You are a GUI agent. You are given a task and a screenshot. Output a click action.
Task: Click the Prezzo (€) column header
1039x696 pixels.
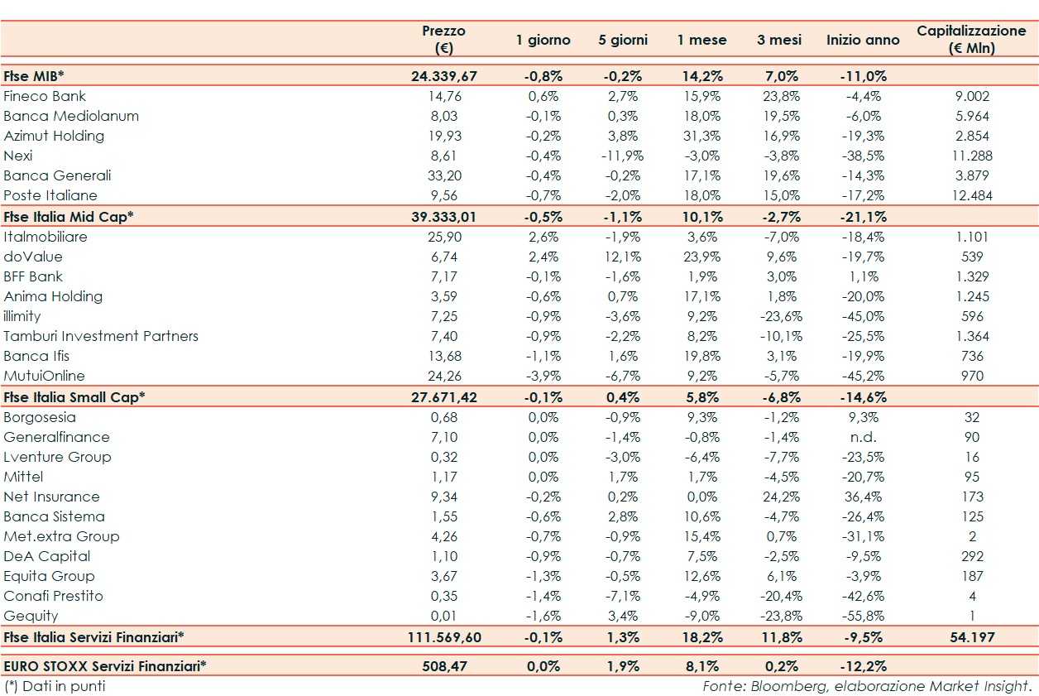click(x=443, y=39)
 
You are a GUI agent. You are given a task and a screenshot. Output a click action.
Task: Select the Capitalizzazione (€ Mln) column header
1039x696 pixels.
click(x=971, y=39)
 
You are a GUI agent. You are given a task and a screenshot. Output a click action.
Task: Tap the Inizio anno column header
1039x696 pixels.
click(x=863, y=40)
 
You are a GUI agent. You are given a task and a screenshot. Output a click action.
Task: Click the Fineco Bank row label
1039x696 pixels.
click(x=45, y=96)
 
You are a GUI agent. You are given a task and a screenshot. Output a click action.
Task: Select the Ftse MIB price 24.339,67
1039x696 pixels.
click(x=443, y=76)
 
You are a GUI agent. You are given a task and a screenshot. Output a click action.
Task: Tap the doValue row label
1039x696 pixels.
click(x=33, y=257)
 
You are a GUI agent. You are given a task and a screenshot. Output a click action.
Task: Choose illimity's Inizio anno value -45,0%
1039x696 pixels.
click(x=863, y=316)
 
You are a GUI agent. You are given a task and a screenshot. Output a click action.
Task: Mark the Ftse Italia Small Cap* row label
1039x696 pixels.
click(x=74, y=396)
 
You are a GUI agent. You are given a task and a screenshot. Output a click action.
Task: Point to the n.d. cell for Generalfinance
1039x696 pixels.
click(x=863, y=437)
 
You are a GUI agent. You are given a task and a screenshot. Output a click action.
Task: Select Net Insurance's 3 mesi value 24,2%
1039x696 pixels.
click(x=778, y=497)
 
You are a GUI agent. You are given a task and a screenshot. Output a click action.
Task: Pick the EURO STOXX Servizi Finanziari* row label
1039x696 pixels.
click(x=105, y=665)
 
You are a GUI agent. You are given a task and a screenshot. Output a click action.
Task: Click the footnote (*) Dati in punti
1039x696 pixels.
click(x=55, y=686)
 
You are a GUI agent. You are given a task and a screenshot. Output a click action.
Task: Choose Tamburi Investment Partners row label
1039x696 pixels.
click(x=101, y=336)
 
